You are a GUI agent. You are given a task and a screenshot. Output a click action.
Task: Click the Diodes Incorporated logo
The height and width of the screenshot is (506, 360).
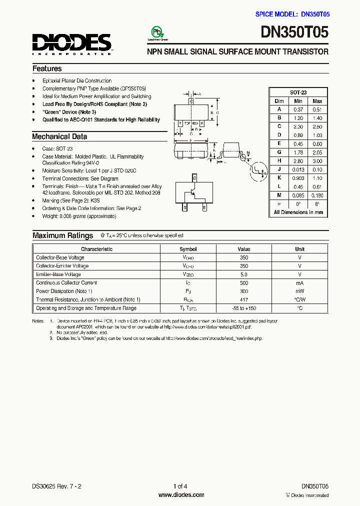coord(72,43)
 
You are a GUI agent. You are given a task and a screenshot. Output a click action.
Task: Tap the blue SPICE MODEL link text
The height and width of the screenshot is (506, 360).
coord(292,14)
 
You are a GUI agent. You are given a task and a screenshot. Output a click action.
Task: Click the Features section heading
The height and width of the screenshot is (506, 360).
coord(47,68)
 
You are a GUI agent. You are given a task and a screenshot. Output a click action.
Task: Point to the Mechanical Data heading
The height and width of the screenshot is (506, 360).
coord(59,136)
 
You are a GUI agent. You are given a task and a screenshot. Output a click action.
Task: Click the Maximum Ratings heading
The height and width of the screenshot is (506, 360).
coord(62,235)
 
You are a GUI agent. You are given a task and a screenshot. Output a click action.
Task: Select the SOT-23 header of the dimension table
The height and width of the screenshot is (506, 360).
coord(298,92)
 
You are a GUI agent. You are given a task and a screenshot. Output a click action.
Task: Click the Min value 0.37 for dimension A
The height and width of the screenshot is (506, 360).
coord(298,109)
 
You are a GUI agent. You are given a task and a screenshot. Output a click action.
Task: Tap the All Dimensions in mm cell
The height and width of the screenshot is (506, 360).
coord(298,212)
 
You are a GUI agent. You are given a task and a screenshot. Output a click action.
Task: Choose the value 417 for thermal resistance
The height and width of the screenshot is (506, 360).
coord(243,299)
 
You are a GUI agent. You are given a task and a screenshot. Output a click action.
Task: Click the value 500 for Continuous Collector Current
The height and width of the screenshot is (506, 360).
coord(243,283)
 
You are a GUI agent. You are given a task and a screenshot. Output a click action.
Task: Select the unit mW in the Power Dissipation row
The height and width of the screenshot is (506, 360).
coord(299,291)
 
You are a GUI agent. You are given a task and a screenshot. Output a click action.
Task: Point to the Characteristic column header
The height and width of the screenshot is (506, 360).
coord(96,249)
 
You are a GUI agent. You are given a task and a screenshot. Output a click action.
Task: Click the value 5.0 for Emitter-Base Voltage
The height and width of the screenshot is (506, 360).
coord(243,274)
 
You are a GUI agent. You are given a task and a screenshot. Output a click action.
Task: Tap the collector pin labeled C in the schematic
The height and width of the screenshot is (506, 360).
coord(194,178)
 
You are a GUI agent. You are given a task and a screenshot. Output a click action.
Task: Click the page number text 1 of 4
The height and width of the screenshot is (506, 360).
coord(180,486)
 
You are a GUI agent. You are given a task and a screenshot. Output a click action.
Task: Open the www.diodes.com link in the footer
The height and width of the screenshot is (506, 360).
coord(181,495)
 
